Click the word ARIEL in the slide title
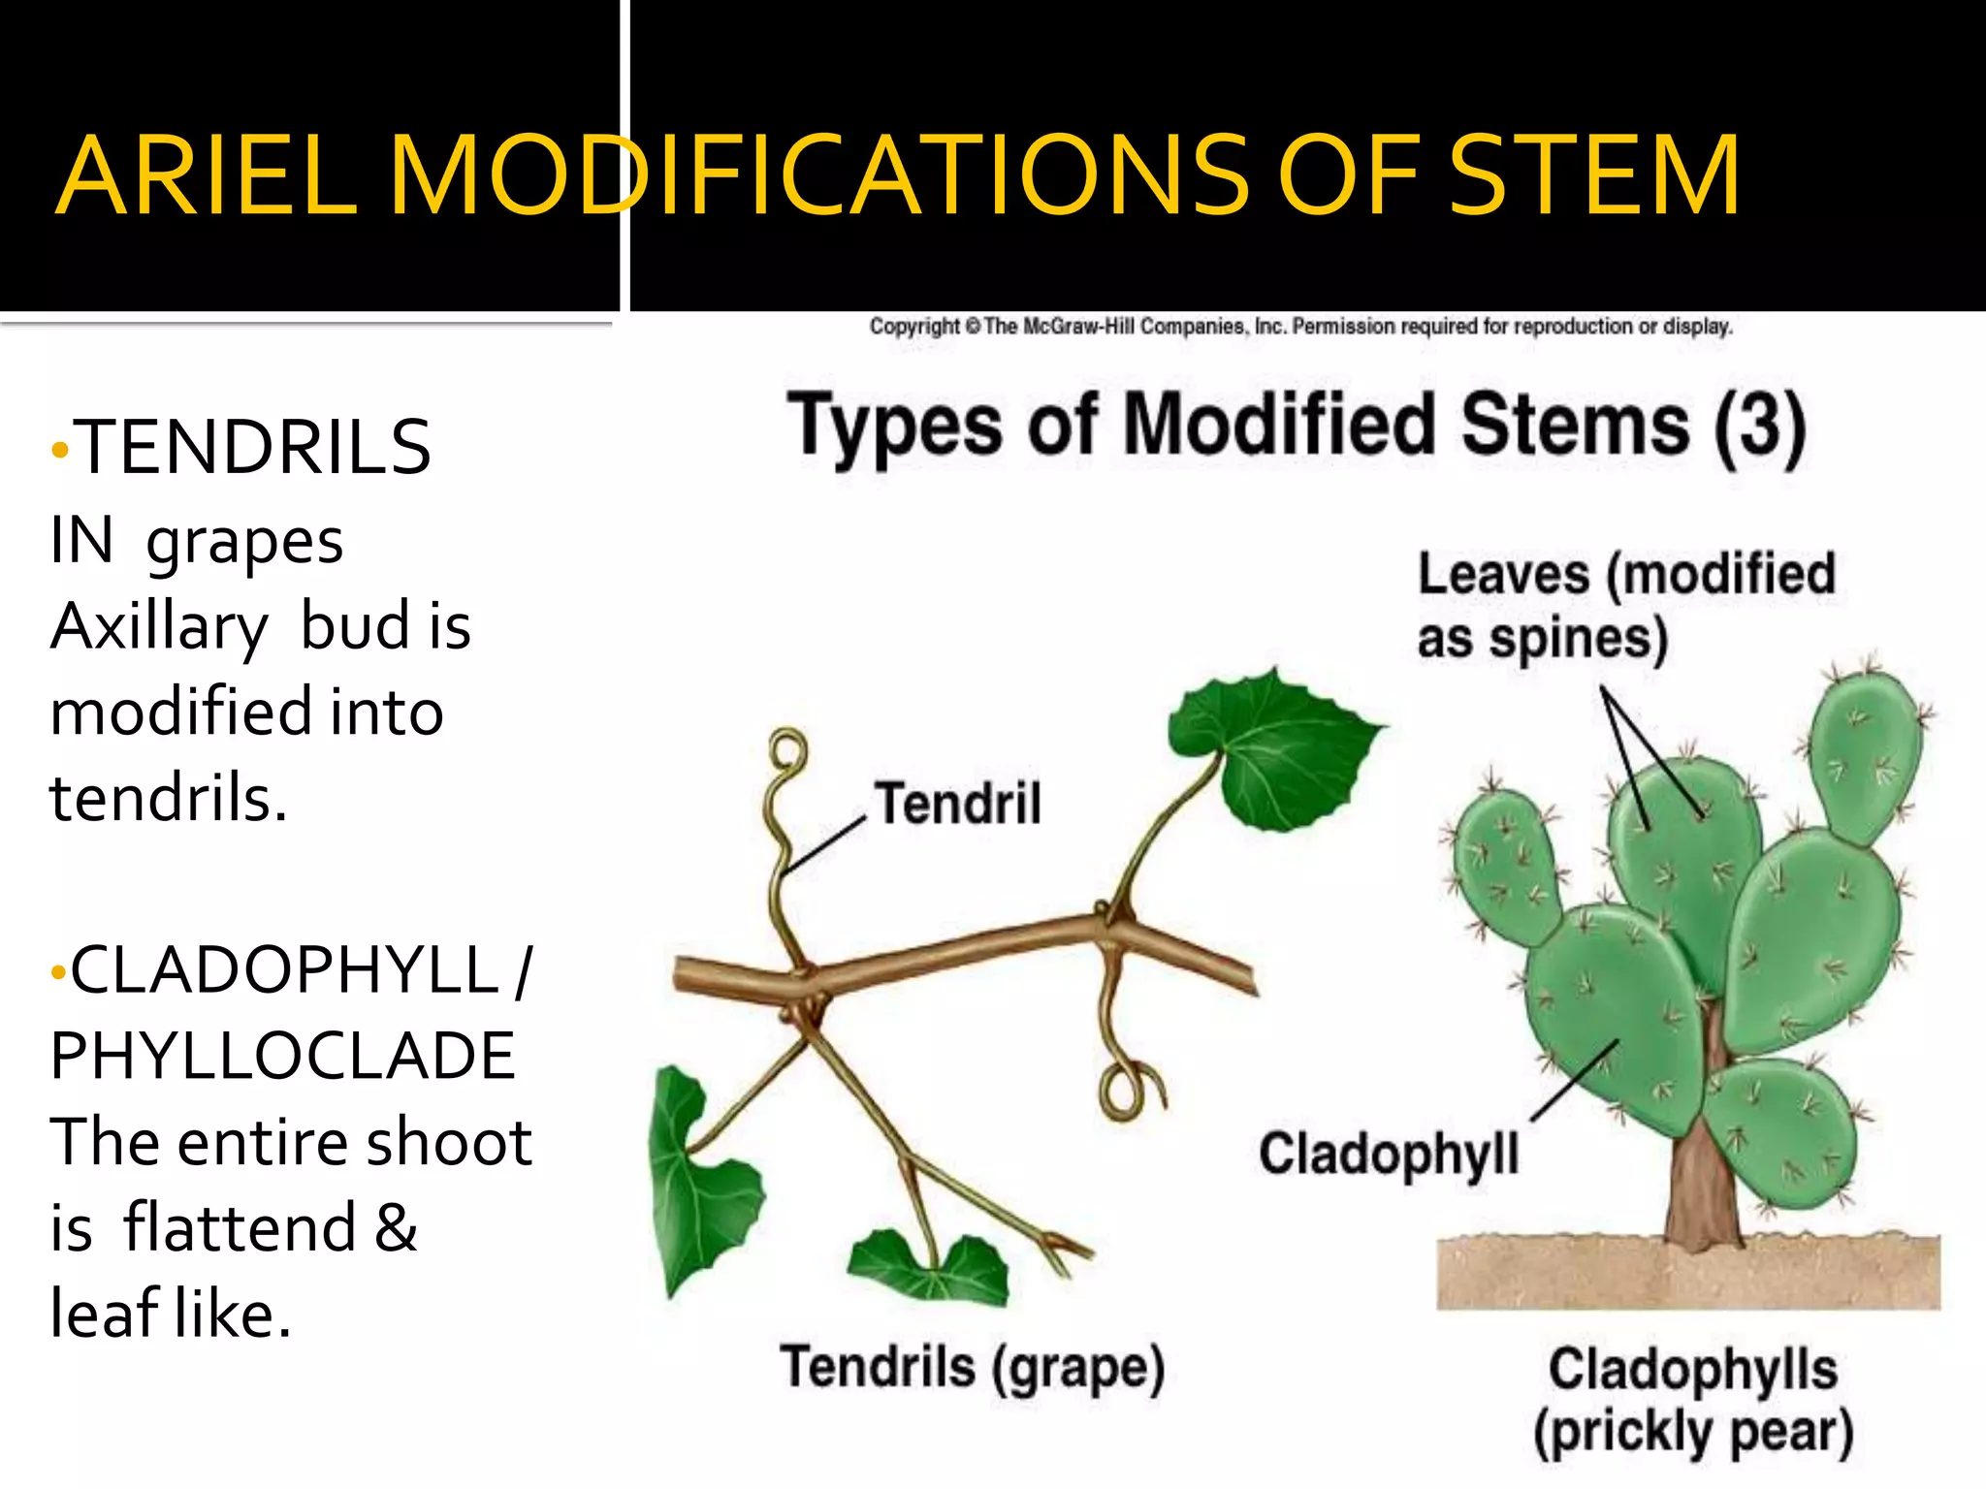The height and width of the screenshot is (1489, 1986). [x=207, y=176]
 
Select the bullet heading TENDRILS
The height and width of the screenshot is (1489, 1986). [x=253, y=448]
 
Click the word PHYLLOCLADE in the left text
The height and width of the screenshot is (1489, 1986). [x=282, y=1056]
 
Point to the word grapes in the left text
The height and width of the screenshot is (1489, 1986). [x=244, y=543]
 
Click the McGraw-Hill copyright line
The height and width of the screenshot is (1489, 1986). [x=1300, y=327]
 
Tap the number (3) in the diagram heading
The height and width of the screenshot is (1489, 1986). [x=1759, y=428]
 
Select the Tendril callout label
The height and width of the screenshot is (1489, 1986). [x=958, y=803]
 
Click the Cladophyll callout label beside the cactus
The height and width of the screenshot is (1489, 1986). [x=1389, y=1154]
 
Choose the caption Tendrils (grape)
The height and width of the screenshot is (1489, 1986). [x=972, y=1368]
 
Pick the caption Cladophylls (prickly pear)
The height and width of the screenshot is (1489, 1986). [x=1693, y=1401]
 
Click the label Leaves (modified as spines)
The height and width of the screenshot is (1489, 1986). [x=1625, y=605]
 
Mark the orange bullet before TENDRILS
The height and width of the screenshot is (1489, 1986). [x=60, y=450]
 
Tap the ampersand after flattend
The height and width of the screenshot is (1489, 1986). [x=396, y=1228]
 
